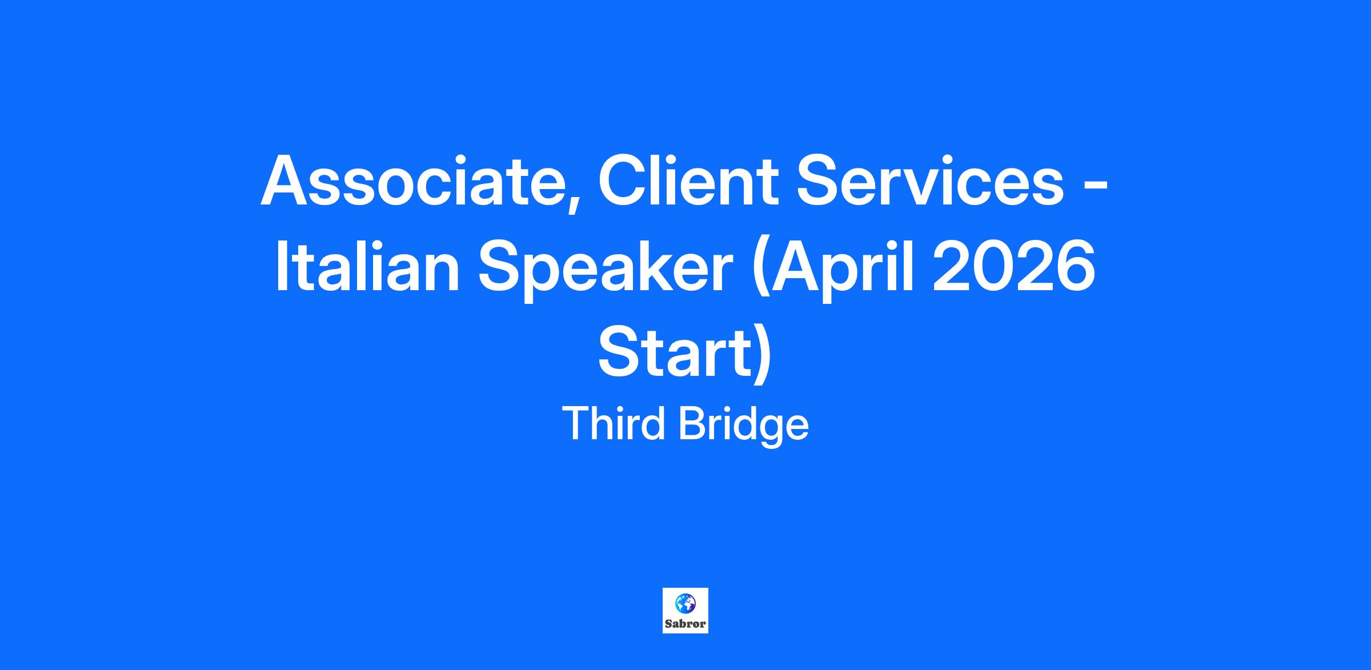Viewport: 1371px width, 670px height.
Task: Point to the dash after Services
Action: (1096, 186)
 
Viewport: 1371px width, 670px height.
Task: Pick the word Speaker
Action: (605, 271)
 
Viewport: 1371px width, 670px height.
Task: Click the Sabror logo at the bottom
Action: (685, 611)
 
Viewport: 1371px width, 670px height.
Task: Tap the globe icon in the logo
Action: (685, 603)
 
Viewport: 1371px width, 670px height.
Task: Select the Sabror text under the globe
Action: (685, 624)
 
